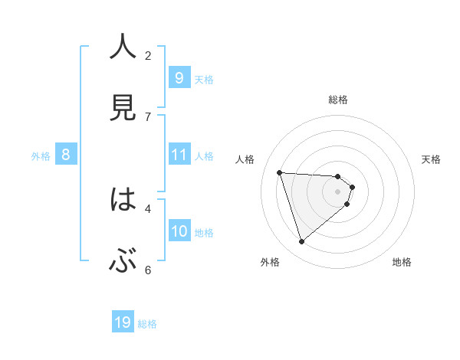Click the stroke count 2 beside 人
coord(148,55)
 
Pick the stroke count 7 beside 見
coord(148,116)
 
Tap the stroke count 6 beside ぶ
coord(148,270)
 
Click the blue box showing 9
coord(179,78)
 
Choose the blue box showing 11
coord(179,155)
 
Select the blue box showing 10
coord(179,231)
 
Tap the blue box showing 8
coord(66,155)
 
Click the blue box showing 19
coord(123,322)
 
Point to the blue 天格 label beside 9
coord(204,80)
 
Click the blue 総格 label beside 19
coord(147,324)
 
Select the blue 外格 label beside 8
coord(41,156)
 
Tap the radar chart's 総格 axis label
coord(338,100)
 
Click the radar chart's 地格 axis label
coord(402,262)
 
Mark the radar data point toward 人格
coord(280,172)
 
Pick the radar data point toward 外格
coord(301,241)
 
